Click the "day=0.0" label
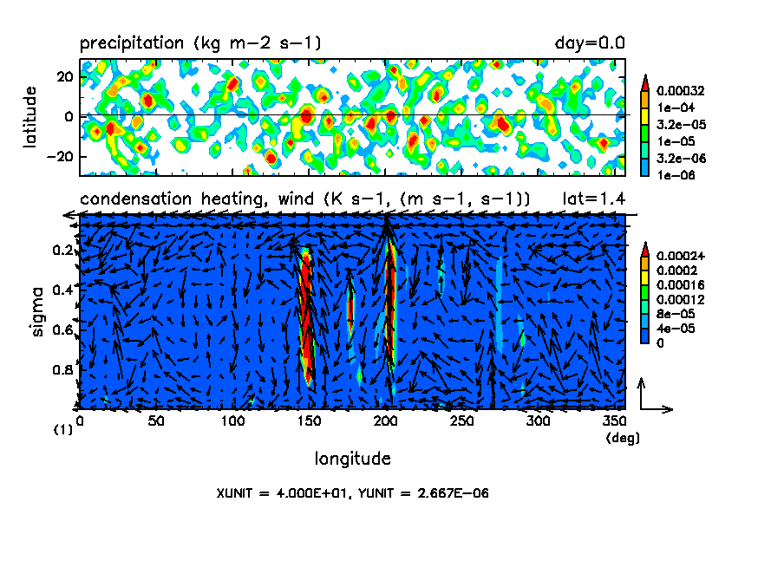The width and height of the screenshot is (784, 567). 590,42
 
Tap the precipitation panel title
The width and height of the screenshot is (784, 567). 200,42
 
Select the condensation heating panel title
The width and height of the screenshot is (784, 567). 304,199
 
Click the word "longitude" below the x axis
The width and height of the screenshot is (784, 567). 352,458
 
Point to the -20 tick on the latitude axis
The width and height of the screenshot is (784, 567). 61,156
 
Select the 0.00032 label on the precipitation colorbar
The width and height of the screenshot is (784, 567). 680,89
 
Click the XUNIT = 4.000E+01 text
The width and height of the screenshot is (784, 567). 280,493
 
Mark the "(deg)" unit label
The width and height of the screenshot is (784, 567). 622,438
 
